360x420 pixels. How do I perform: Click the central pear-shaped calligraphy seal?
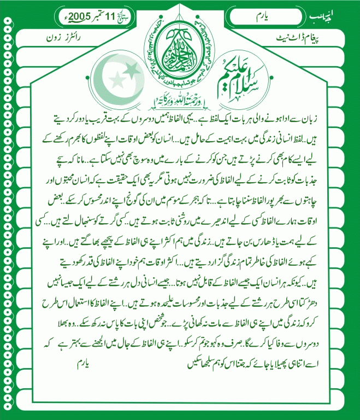[x=180, y=57]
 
